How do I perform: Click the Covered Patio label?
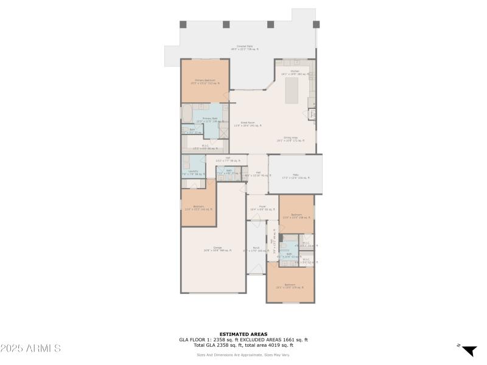click(245, 48)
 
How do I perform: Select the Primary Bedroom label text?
click(205, 82)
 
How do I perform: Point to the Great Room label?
click(247, 124)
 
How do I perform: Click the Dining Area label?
click(290, 139)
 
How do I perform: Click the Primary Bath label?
click(202, 120)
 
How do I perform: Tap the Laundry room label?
click(192, 173)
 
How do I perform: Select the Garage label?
click(208, 249)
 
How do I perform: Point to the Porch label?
click(256, 249)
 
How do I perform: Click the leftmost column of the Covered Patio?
click(183, 24)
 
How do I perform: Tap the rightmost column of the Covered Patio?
click(316, 24)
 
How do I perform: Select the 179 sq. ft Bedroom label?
click(290, 286)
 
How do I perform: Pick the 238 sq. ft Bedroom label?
click(296, 217)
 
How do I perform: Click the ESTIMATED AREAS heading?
click(243, 334)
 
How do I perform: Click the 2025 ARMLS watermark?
click(30, 349)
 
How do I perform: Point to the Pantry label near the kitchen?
click(312, 113)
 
